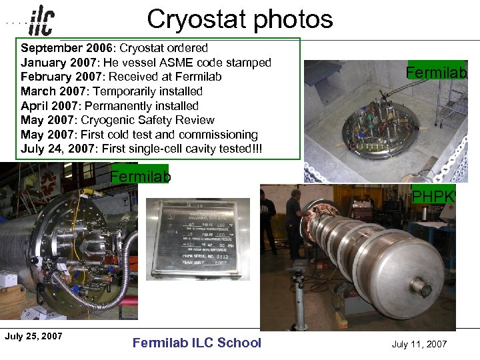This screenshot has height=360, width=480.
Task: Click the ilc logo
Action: [x=42, y=21]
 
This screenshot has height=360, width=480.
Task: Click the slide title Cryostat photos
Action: [x=239, y=19]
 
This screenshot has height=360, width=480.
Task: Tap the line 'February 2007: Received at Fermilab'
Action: [x=121, y=77]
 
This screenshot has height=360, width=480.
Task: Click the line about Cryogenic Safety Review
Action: [x=117, y=120]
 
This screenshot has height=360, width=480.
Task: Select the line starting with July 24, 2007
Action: [x=141, y=149]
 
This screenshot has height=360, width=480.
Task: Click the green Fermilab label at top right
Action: [x=437, y=72]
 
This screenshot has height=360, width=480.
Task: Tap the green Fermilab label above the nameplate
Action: [x=140, y=177]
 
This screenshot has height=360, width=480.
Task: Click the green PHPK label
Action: [x=433, y=196]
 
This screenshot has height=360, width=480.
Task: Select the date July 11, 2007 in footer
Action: [x=419, y=344]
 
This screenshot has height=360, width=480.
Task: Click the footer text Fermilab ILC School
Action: [x=197, y=343]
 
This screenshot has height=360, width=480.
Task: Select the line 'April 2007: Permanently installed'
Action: [x=109, y=106]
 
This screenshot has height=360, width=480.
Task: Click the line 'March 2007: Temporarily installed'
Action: [x=111, y=91]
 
